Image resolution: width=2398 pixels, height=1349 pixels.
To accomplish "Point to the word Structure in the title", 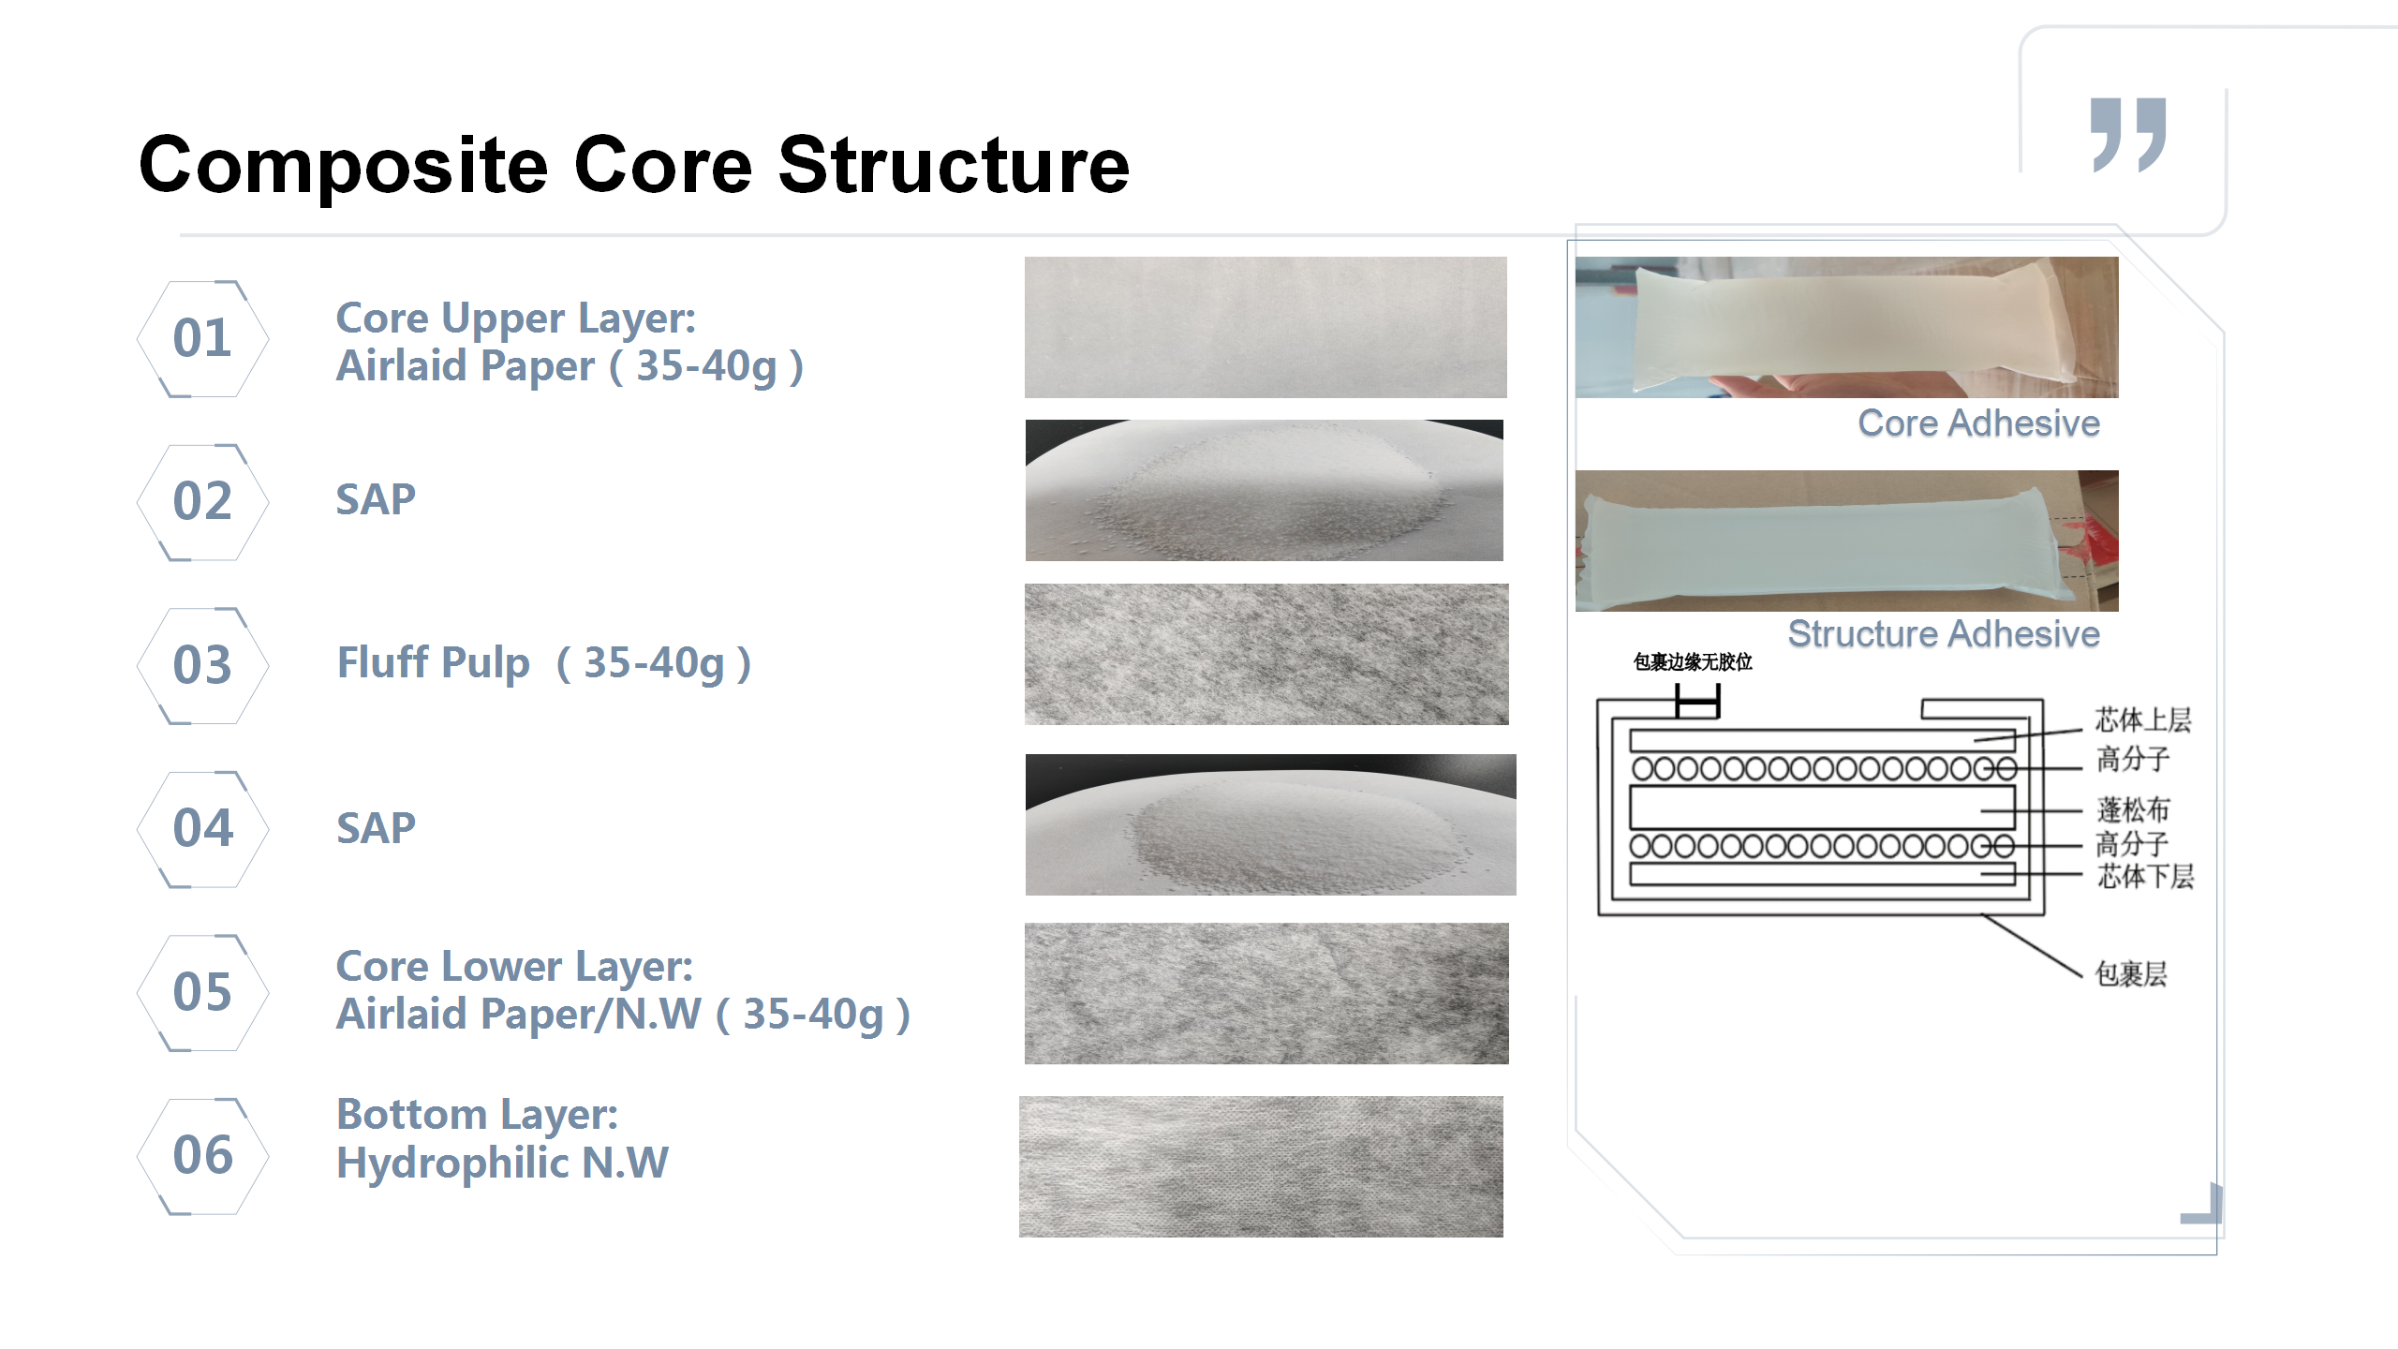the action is click(954, 165).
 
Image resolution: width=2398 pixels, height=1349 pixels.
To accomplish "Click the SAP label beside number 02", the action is click(376, 499).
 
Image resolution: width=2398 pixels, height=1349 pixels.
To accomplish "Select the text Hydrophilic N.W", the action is click(502, 1164).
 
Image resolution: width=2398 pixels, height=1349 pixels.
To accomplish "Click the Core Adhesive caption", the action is click(1978, 423).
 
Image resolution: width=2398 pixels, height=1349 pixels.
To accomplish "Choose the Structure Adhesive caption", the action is click(1944, 634).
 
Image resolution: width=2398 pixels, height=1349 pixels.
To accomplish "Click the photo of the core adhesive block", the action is click(1846, 327).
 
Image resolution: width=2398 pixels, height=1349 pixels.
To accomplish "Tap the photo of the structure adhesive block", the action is click(1846, 541).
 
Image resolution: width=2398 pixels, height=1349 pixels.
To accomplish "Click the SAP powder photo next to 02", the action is click(1264, 490).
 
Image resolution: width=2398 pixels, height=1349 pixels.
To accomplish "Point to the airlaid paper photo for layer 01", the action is click(1266, 327).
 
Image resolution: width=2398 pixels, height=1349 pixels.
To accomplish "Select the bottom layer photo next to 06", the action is click(1261, 1166).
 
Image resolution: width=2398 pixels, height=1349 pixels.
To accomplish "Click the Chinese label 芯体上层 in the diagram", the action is click(2143, 719).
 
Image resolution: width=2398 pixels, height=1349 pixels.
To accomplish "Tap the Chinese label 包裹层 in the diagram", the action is click(2131, 973).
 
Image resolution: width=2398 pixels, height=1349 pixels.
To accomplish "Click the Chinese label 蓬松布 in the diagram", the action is click(2133, 809).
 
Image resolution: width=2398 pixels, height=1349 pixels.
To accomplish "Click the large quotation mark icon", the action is click(2128, 135).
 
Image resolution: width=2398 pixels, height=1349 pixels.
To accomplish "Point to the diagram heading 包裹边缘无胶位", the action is click(1693, 662).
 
